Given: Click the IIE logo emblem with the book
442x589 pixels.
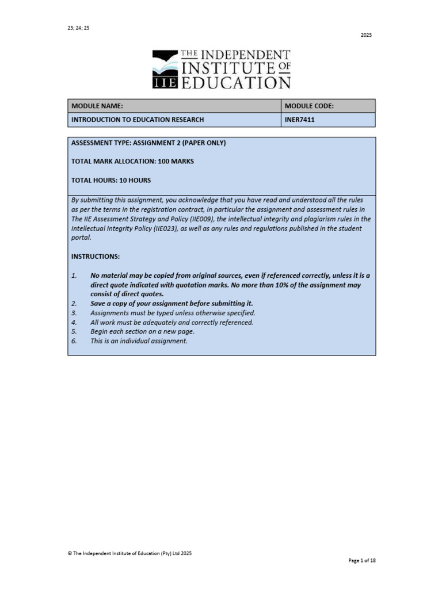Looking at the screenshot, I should click(x=166, y=70).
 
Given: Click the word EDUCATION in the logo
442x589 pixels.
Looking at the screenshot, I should click(x=236, y=83).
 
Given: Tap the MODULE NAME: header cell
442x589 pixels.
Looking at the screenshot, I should click(x=97, y=106).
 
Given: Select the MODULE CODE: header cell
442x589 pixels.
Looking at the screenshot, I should click(x=309, y=106).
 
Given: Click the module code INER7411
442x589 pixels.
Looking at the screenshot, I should click(x=299, y=120).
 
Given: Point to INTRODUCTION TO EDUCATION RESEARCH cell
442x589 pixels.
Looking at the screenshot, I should click(x=137, y=120).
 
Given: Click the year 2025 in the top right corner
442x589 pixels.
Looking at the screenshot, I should click(x=366, y=35).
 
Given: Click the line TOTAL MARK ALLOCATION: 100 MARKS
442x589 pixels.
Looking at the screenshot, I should click(x=132, y=162).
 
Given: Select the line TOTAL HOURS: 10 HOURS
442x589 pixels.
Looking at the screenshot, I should click(x=111, y=180).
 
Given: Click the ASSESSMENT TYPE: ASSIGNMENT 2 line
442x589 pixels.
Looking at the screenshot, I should click(x=148, y=143).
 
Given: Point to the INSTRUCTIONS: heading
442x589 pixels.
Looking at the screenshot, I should click(x=96, y=256).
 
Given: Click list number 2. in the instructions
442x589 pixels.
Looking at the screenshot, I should click(x=74, y=303).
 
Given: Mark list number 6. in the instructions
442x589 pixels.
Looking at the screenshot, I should click(x=74, y=341).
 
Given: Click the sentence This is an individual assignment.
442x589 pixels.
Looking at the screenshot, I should click(x=139, y=341).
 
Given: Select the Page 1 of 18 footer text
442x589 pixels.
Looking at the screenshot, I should click(x=363, y=560).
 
